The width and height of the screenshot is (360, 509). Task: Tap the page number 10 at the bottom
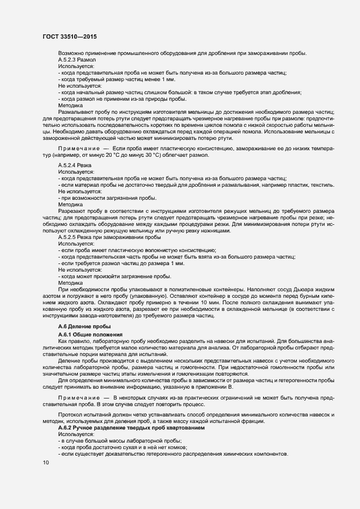[x=46, y=462]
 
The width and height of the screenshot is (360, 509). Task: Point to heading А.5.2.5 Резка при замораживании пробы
[x=109, y=237]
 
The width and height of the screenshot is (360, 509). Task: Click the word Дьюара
[x=290, y=289]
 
